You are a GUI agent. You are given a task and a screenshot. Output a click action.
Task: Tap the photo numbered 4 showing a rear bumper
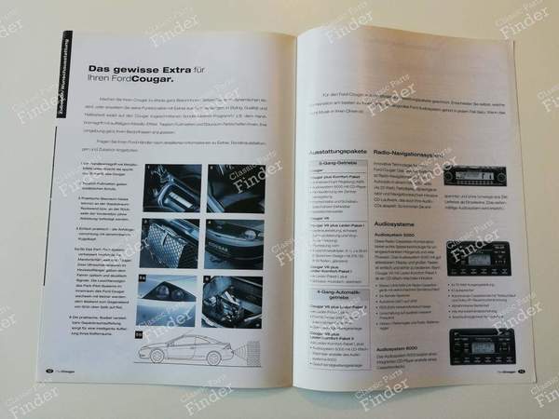point(234,244)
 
